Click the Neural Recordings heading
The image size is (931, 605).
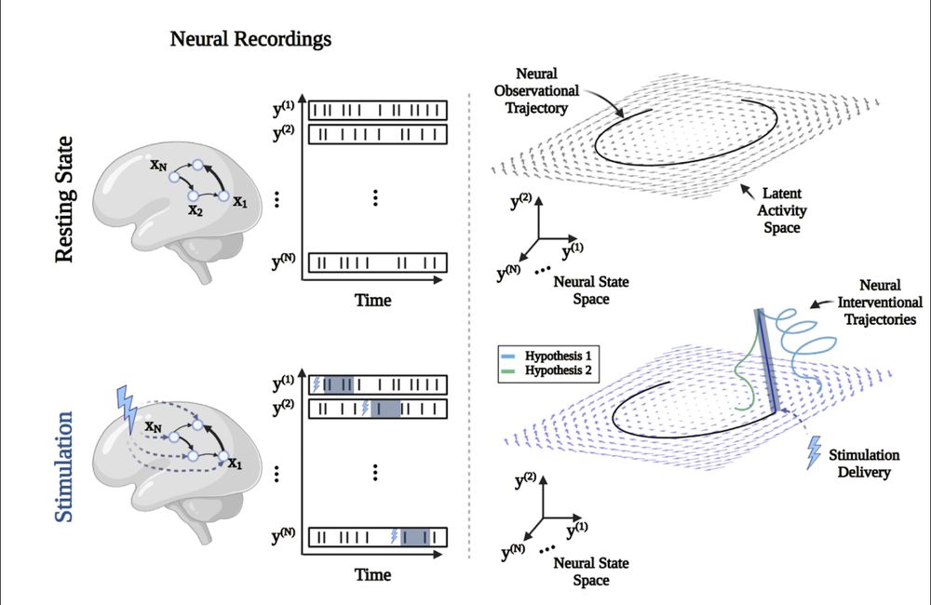250,40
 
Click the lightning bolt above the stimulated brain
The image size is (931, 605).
126,403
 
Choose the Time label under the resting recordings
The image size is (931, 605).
372,300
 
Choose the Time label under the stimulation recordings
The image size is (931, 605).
372,575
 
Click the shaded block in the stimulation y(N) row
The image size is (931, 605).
415,536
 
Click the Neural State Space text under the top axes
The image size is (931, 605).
582,289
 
